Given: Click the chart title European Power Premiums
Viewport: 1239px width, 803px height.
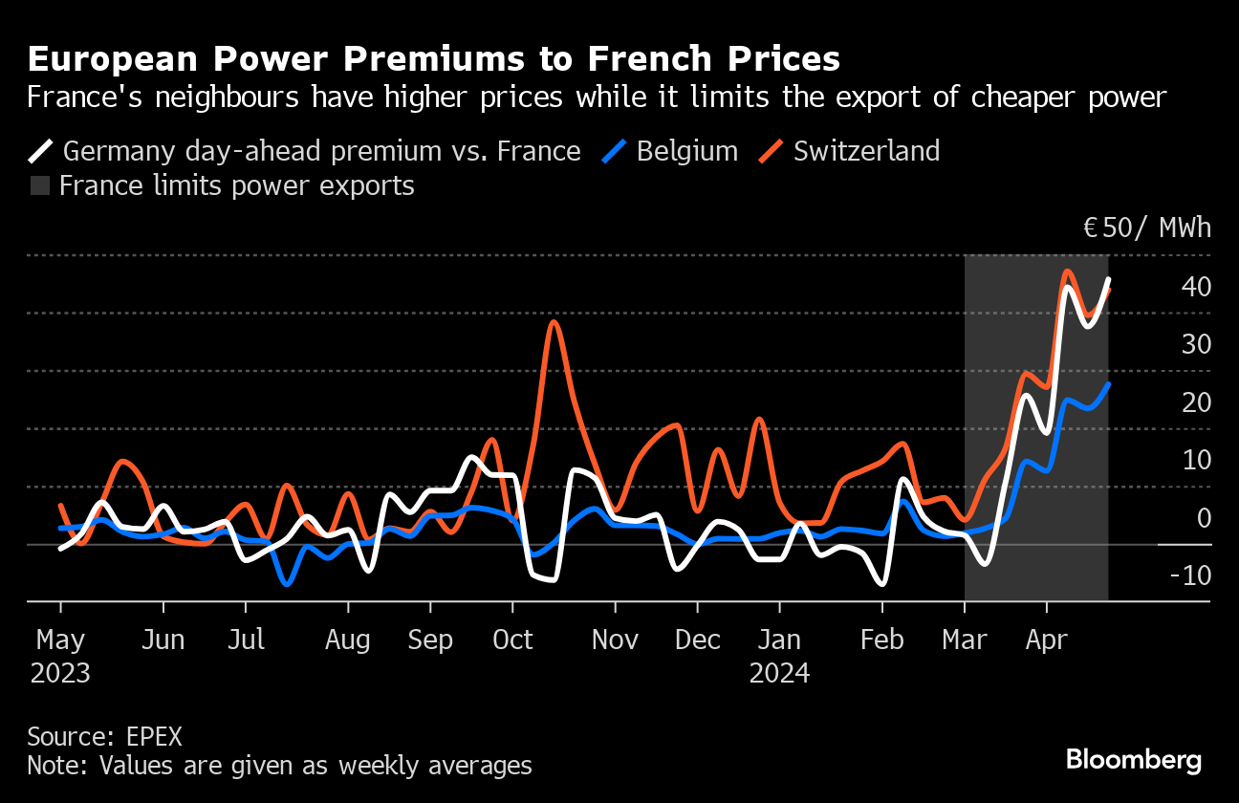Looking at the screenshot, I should click(433, 59).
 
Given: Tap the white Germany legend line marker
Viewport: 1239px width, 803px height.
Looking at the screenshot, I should click(41, 151).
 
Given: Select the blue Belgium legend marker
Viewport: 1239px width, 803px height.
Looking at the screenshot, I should click(616, 151).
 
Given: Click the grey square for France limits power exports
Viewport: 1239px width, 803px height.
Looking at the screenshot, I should click(40, 185).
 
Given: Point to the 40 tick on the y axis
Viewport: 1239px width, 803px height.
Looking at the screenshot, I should click(1196, 287).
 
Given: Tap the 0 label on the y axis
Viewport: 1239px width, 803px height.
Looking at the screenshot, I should click(1204, 518).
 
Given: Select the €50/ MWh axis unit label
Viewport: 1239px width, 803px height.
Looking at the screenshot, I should click(1146, 228).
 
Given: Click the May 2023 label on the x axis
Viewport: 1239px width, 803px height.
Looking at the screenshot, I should click(60, 656).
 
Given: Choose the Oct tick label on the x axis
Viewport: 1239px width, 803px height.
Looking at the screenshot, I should click(512, 640).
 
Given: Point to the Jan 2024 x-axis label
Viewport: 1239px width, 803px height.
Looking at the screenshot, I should click(779, 656).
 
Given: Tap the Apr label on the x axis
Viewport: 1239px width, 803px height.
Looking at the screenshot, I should click(1046, 640).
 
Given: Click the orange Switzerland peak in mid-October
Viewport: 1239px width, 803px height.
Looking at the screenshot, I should click(554, 322).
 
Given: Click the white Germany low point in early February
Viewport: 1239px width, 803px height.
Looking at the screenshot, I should click(881, 583).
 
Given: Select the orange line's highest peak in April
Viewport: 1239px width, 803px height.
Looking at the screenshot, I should click(1067, 271).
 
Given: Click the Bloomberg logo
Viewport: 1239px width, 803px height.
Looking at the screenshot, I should click(1134, 760).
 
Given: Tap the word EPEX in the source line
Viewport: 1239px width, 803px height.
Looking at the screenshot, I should click(154, 737).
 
